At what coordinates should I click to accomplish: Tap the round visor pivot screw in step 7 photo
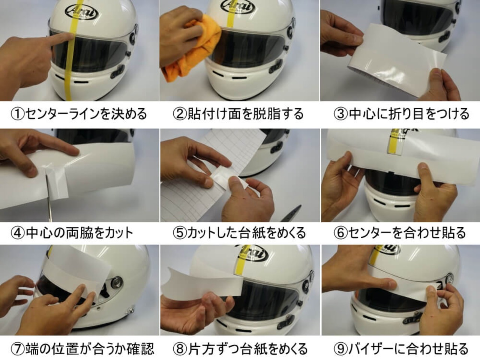click(117, 282)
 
